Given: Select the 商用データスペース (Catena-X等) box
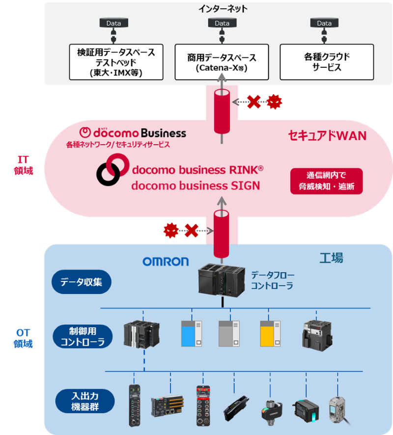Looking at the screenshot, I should (222, 62).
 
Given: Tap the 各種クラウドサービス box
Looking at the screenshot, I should (327, 62).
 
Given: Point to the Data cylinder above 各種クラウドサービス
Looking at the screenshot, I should (324, 23).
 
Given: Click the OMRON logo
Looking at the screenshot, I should (166, 261).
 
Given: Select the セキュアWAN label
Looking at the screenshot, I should (327, 136).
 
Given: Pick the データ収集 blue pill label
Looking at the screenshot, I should (82, 283).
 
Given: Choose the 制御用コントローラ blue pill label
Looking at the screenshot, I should (82, 336).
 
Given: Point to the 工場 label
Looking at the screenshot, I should (331, 258).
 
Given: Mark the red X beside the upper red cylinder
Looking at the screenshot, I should (253, 102).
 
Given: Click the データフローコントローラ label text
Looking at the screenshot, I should (272, 280).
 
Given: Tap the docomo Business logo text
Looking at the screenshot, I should (133, 132).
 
